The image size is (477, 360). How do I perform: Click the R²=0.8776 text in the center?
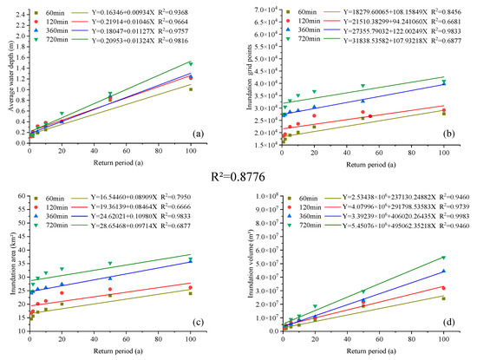coord(238,182)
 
